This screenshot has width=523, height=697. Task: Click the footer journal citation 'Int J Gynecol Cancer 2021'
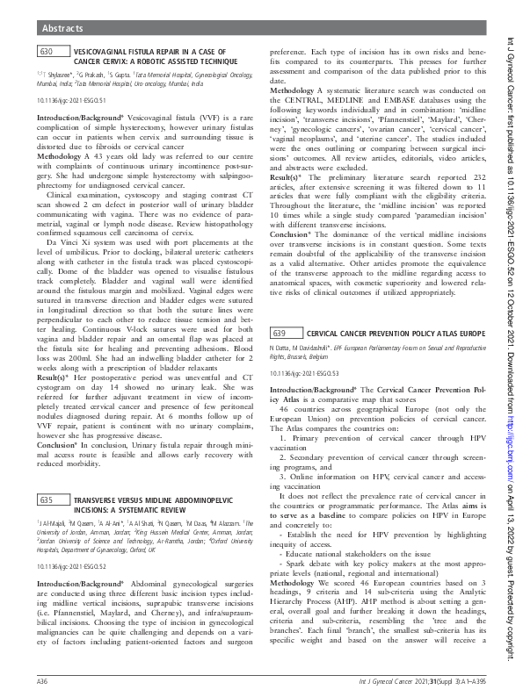pos(412,680)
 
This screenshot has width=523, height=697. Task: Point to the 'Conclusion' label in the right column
pos(291,235)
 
